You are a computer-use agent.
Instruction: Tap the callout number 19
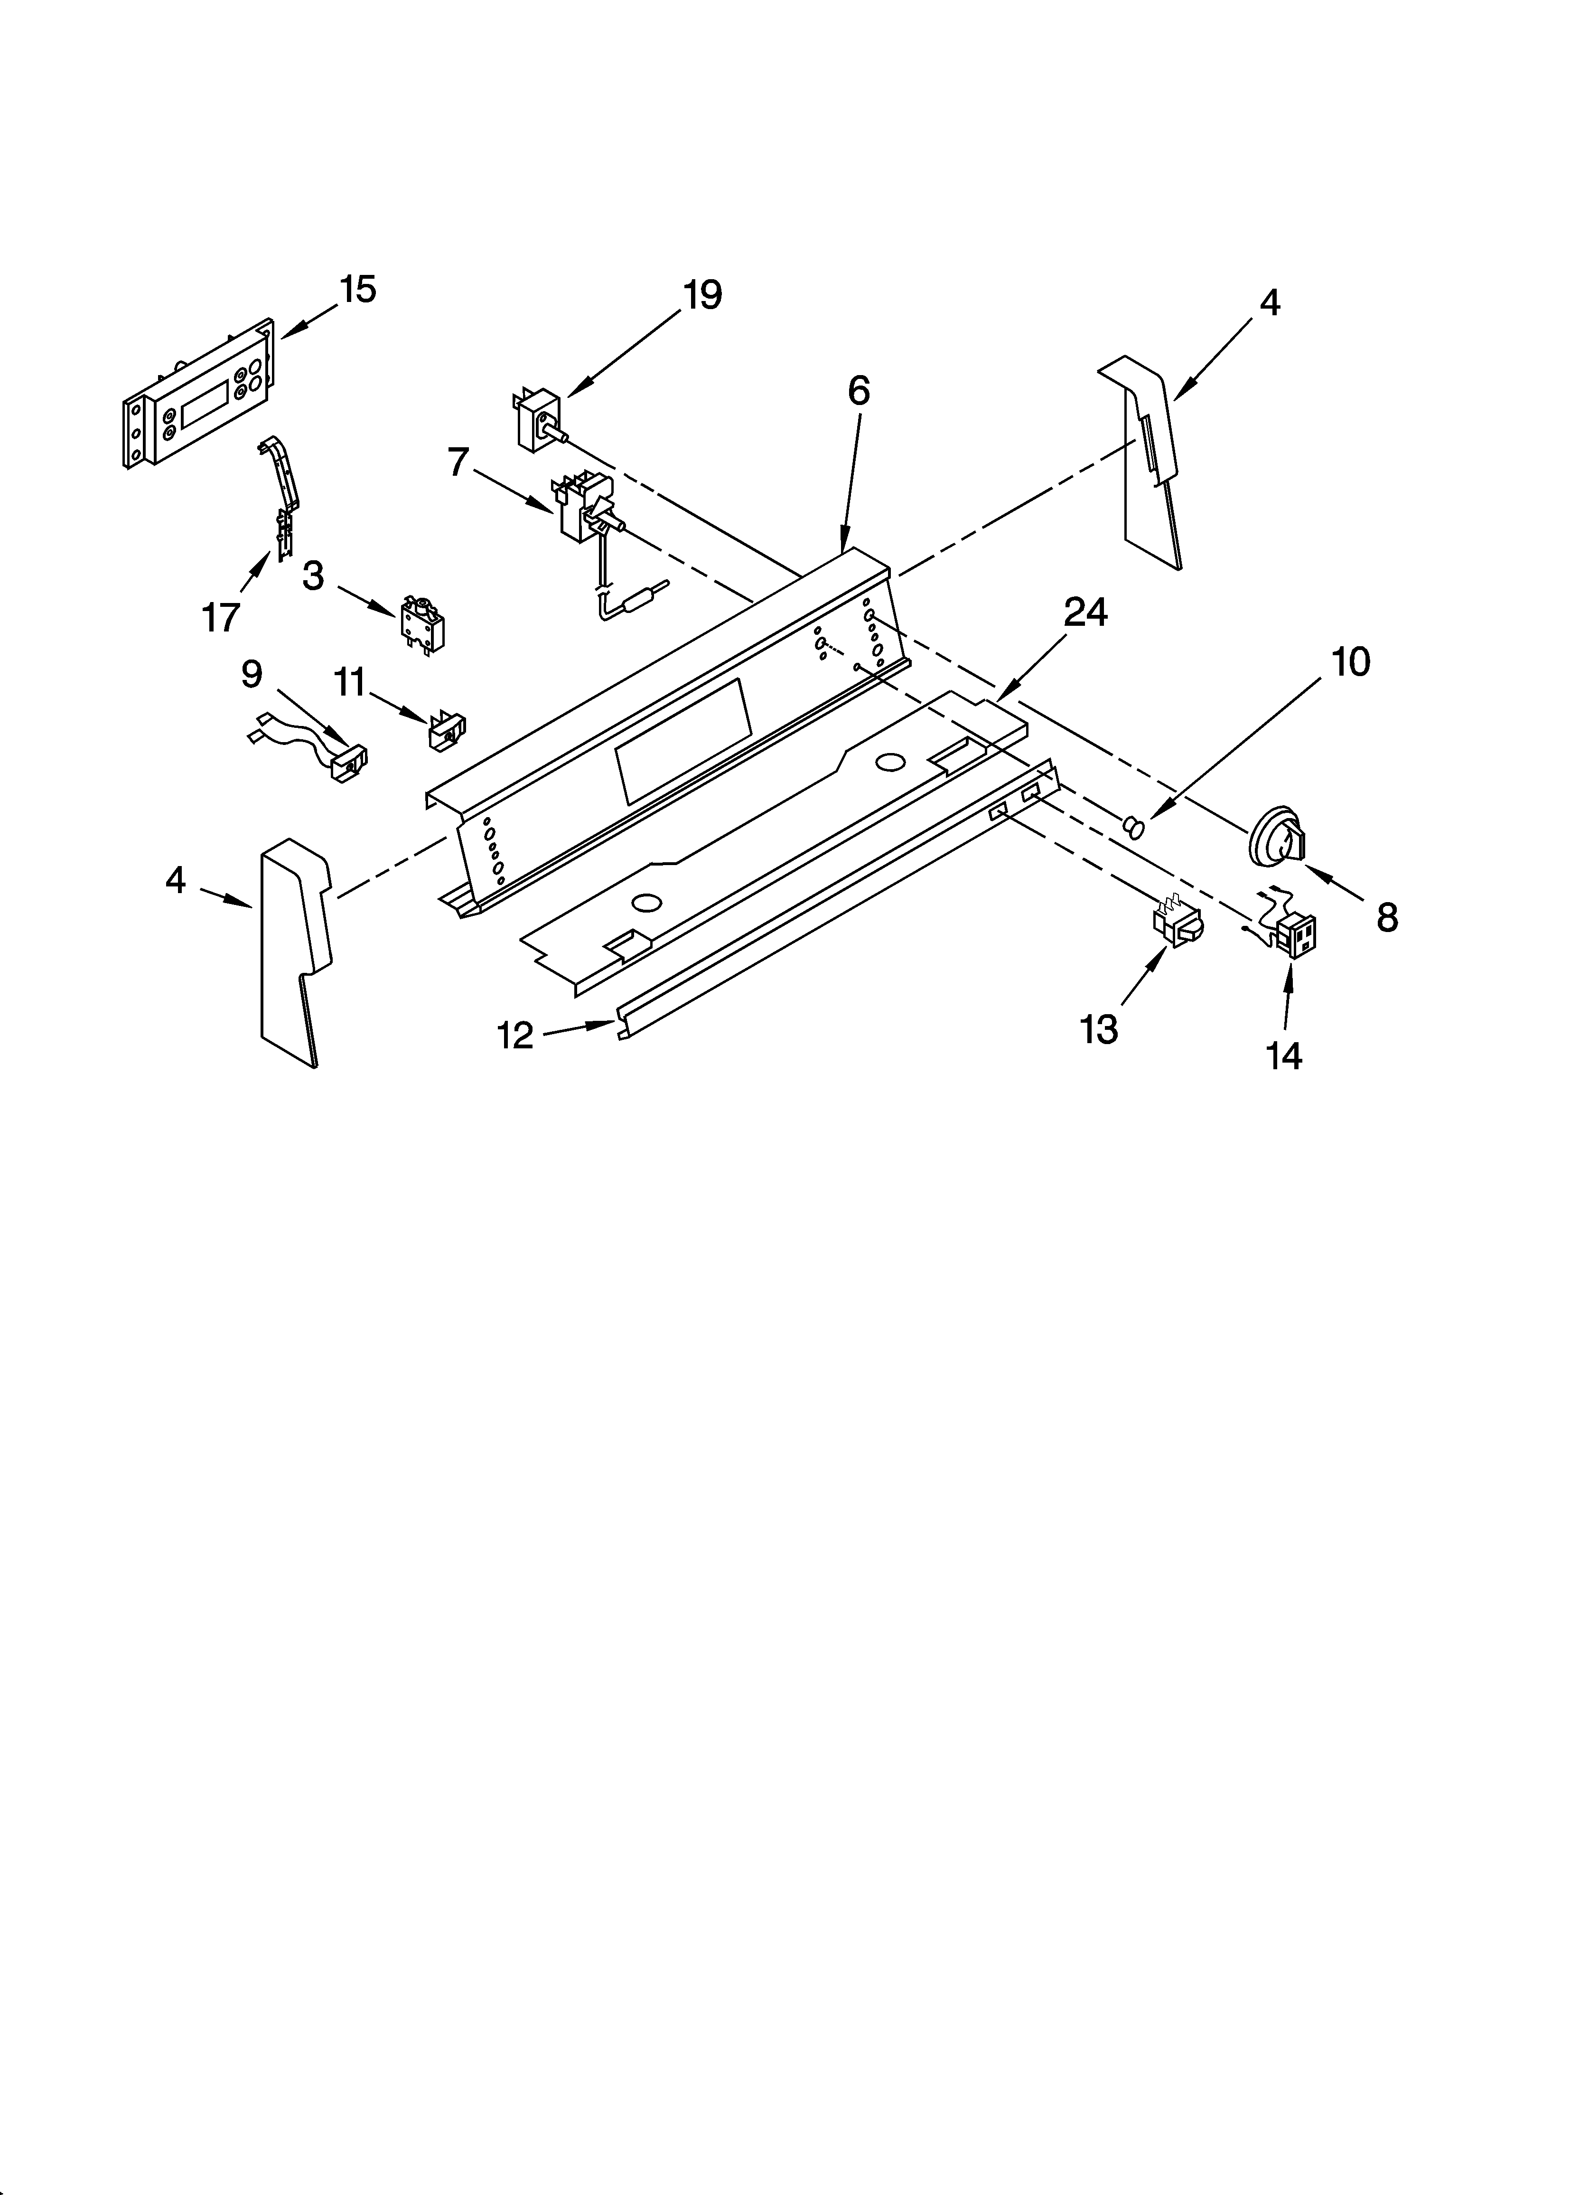click(702, 294)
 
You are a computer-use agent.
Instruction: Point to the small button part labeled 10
click(1132, 826)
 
